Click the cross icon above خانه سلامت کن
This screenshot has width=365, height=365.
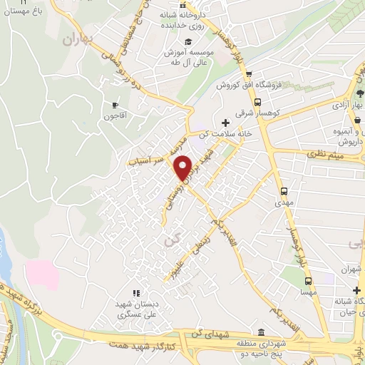coord(226,122)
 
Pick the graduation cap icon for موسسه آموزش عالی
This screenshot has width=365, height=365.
coord(188,41)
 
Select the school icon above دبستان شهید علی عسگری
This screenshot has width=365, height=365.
coord(135,293)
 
